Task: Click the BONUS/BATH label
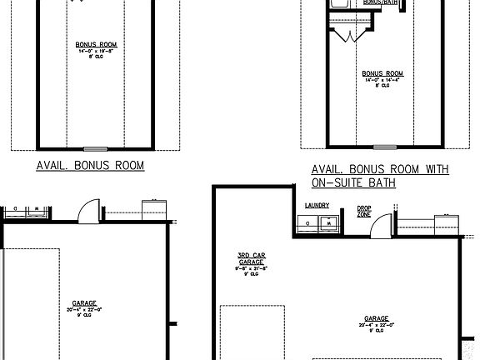380,2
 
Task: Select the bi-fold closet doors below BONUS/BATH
347,32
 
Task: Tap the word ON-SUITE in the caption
339,182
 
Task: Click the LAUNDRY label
317,205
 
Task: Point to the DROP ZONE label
364,211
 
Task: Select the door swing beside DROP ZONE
382,223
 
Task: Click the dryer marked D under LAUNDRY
305,223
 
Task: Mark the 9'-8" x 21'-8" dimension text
251,269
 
